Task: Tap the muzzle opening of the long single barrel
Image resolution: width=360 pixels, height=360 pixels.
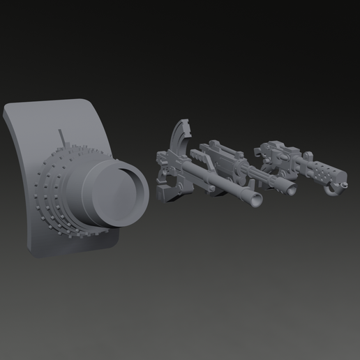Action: (x=257, y=200)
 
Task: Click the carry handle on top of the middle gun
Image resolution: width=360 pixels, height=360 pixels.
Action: (x=218, y=146)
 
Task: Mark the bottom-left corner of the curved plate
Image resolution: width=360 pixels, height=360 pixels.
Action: (x=29, y=249)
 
